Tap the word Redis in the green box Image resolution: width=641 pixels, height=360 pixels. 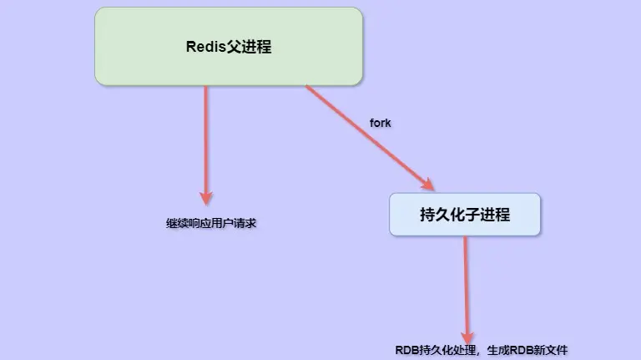(204, 47)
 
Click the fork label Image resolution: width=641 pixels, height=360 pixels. (380, 123)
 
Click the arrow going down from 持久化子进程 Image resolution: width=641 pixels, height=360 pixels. (465, 284)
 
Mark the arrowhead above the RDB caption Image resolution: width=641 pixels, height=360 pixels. (467, 332)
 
